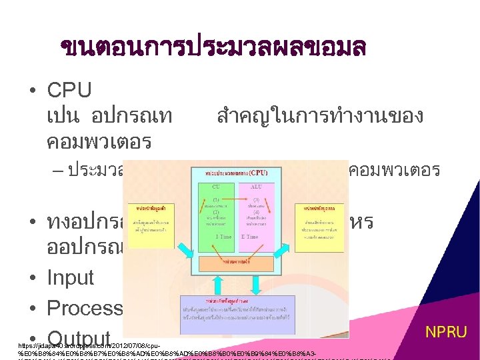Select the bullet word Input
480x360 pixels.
[70, 277]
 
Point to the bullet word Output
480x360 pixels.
[79, 337]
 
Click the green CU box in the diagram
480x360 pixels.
[221, 214]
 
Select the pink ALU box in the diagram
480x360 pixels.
[256, 214]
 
